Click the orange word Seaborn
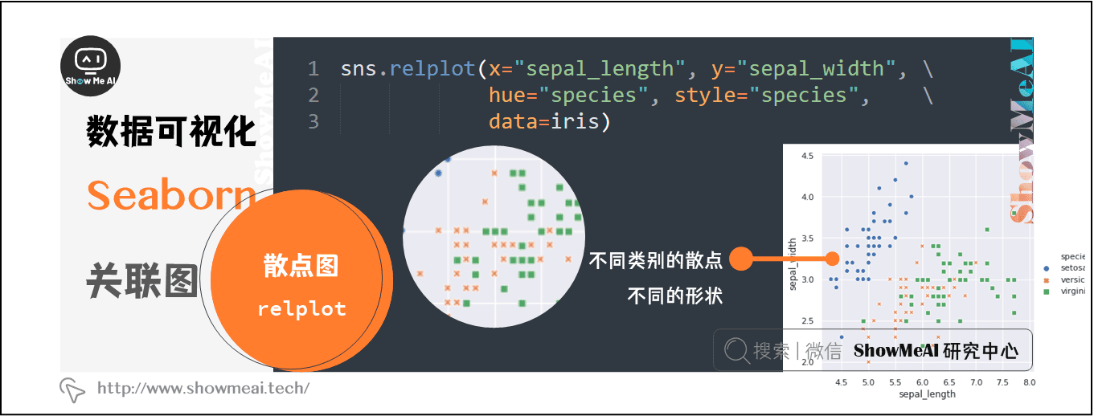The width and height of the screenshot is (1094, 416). click(170, 195)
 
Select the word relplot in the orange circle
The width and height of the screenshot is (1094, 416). click(301, 309)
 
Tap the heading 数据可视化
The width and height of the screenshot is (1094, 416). click(171, 131)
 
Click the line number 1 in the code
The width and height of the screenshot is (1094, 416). click(313, 69)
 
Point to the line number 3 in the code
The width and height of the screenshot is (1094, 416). click(313, 121)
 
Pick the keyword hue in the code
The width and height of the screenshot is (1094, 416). click(507, 96)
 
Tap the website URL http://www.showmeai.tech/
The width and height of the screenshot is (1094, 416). click(203, 389)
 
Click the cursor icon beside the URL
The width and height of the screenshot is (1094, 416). click(72, 389)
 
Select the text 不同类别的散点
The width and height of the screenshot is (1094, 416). click(655, 260)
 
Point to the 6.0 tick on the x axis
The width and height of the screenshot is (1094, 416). click(922, 382)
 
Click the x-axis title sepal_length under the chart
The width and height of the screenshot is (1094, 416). click(928, 394)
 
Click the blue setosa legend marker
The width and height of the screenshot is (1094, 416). click(1045, 267)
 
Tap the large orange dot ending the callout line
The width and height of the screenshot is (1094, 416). click(740, 259)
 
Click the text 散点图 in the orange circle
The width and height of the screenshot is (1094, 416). click(301, 267)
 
